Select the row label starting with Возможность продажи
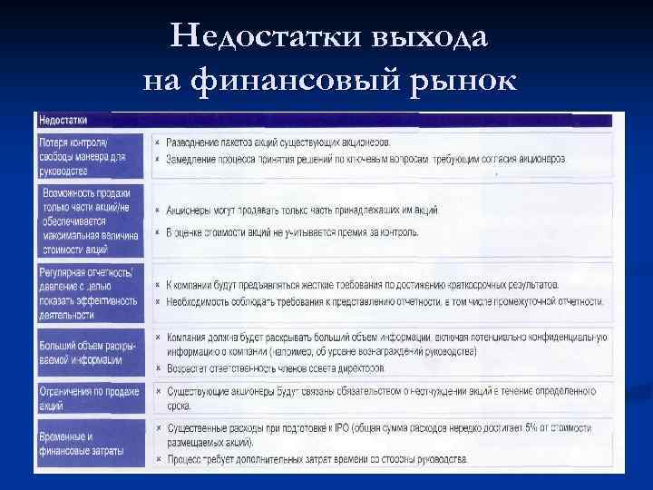click(x=89, y=220)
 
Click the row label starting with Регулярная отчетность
click(x=89, y=293)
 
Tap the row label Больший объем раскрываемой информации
click(x=89, y=353)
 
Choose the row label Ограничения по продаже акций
click(x=89, y=397)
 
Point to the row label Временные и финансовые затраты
click(x=89, y=444)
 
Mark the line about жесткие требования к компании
click(x=363, y=285)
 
